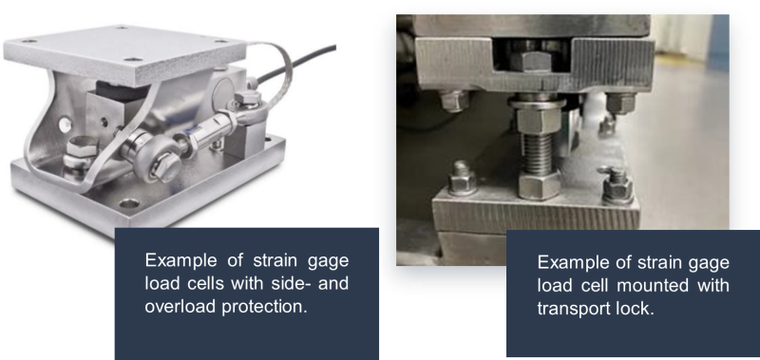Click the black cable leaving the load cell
tap(295, 62)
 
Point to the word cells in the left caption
tap(203, 283)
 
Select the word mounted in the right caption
tap(654, 285)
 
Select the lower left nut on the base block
tap(462, 180)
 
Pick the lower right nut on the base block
tap(617, 185)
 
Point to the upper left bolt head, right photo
tap(455, 101)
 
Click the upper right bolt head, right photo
tap(620, 103)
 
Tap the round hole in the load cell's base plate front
tap(130, 202)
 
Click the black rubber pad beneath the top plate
tap(122, 92)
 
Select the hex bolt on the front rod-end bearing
tap(161, 165)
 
